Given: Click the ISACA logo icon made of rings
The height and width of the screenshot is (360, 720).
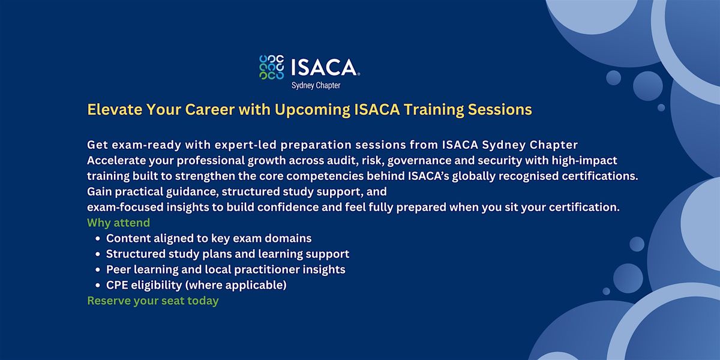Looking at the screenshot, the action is pos(272,67).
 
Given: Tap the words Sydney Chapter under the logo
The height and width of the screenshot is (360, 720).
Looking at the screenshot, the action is pos(316,85).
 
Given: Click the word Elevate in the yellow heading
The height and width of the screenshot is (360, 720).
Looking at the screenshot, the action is pos(115,109).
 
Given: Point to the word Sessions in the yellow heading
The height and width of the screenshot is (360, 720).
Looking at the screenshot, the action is pos(500,110).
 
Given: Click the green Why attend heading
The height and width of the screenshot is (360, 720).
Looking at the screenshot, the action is pos(118,223).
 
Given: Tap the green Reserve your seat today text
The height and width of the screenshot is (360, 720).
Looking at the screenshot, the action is pos(152,301).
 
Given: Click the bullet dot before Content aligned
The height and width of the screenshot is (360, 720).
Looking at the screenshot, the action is pos(98,239).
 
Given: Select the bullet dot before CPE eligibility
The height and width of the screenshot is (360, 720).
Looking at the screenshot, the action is pos(98,286).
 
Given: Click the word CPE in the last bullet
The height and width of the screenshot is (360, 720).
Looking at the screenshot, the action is pos(116,285).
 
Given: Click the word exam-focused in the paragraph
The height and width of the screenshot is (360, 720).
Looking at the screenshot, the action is pos(125,207).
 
